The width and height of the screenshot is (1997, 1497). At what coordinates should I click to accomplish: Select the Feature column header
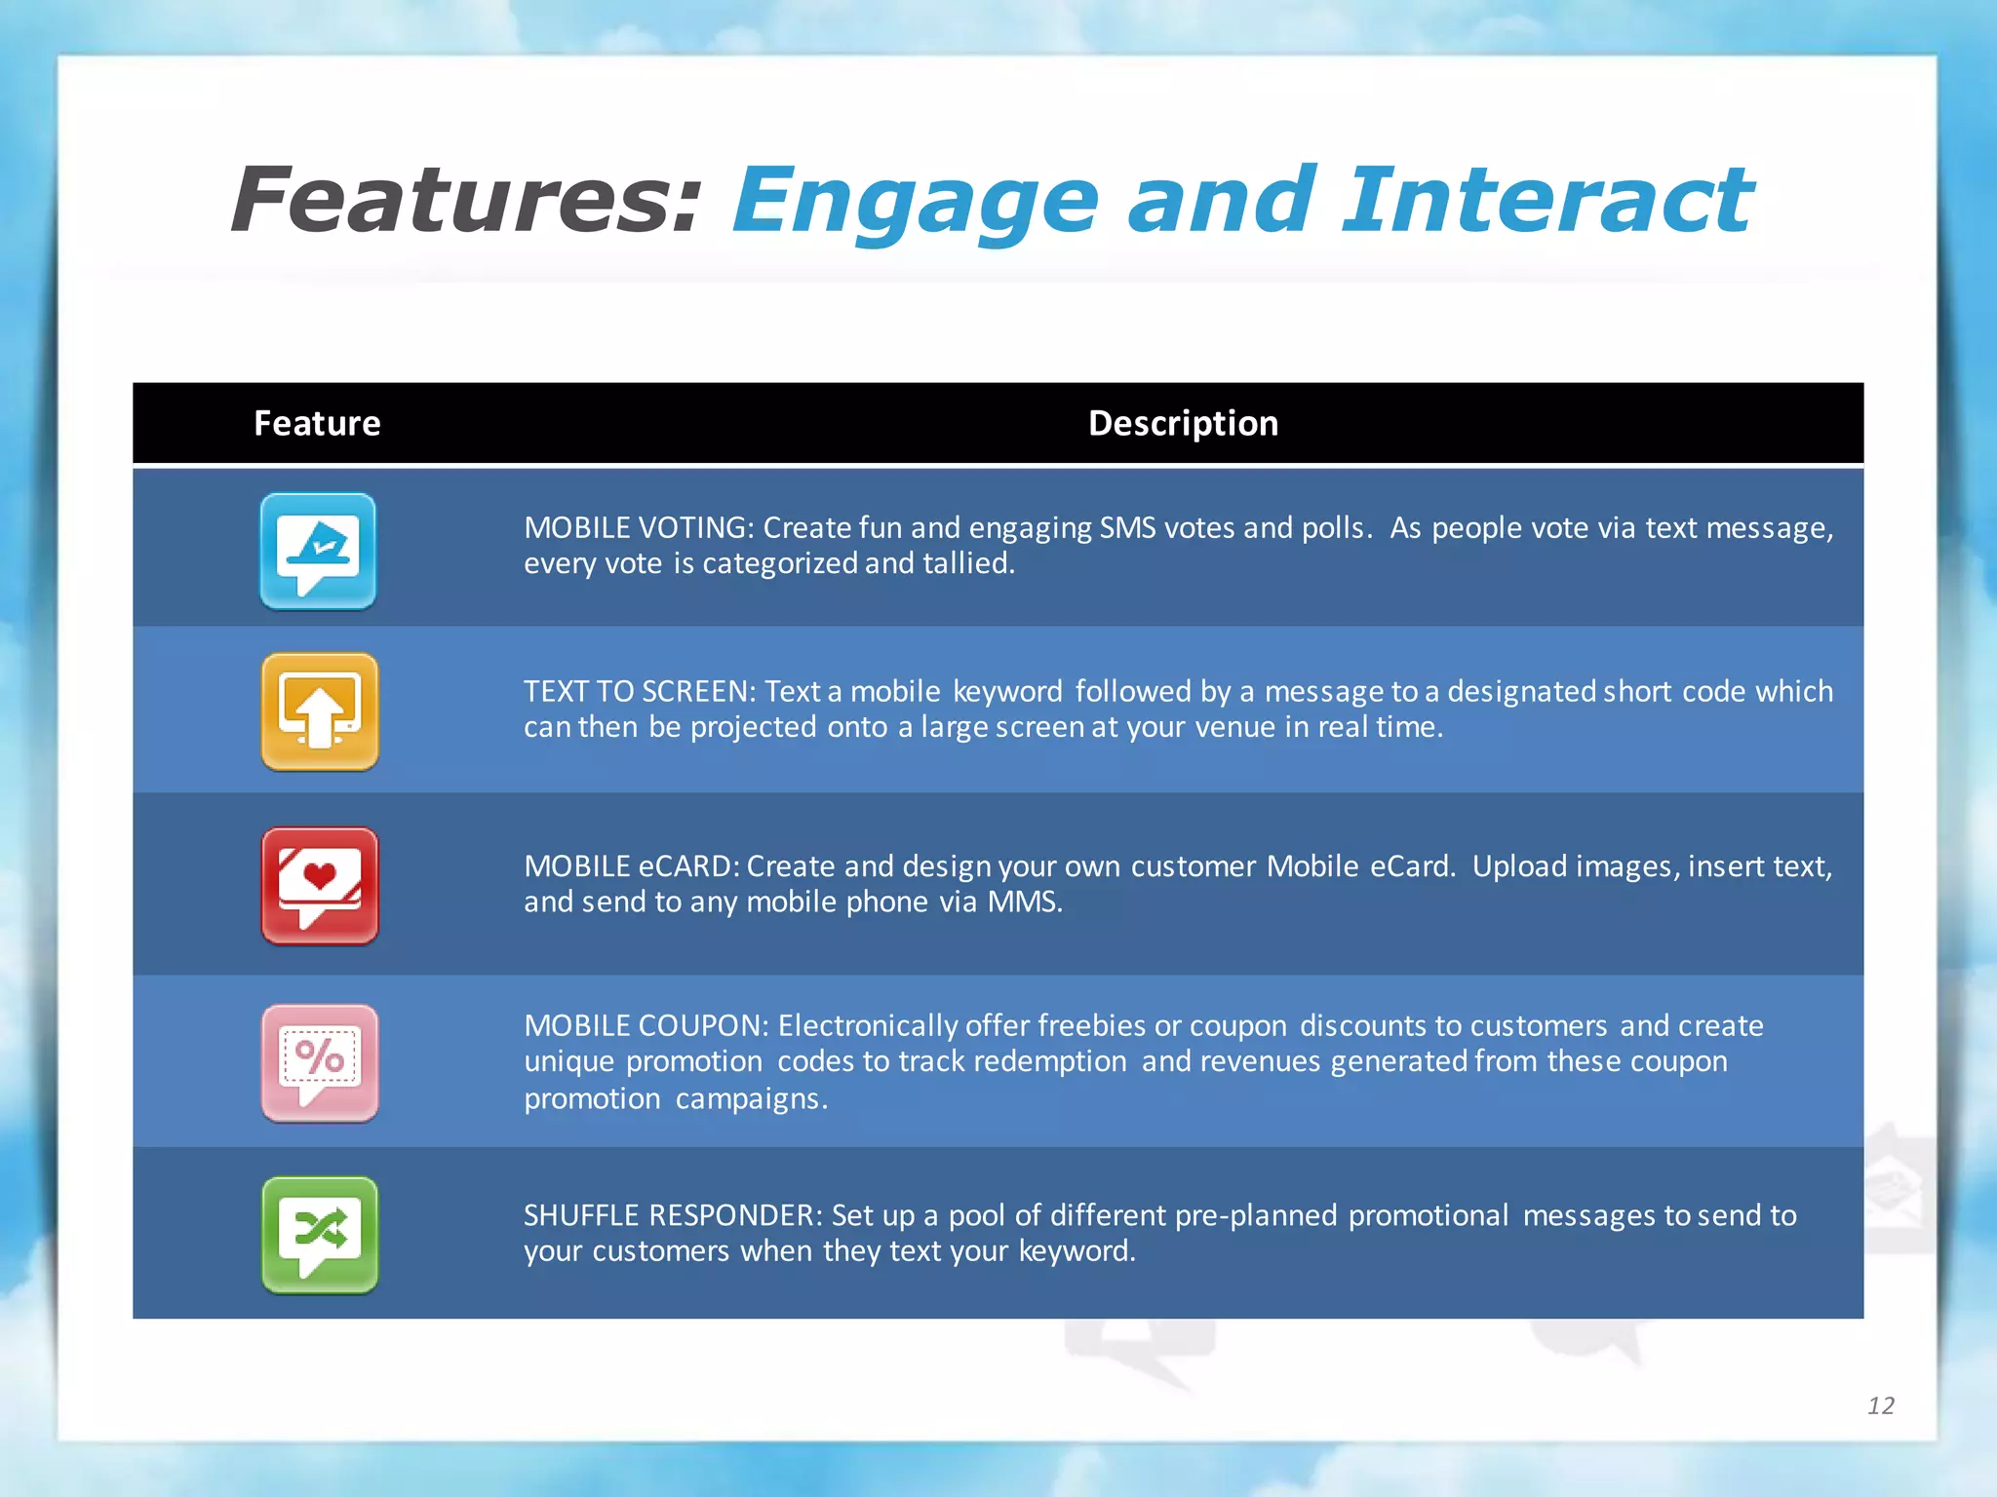pos(317,423)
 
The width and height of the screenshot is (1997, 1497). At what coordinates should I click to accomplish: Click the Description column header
pos(1183,423)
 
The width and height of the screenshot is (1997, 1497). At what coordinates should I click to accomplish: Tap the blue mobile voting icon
pos(318,552)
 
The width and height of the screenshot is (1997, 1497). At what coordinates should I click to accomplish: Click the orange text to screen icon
pos(320,711)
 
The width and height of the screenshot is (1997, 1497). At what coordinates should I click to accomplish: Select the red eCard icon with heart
pos(320,886)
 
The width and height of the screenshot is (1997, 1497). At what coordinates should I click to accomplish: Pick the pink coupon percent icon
pos(320,1063)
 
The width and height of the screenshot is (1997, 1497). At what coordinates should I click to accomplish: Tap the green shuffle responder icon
pos(320,1235)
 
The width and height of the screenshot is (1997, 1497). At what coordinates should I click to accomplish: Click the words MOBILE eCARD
pos(632,866)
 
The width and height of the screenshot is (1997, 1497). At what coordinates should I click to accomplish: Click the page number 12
pos(1880,1405)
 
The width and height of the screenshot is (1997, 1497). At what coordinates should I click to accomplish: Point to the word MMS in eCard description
pos(1023,902)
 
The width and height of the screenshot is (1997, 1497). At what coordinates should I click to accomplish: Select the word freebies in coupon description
pos(1091,1025)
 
